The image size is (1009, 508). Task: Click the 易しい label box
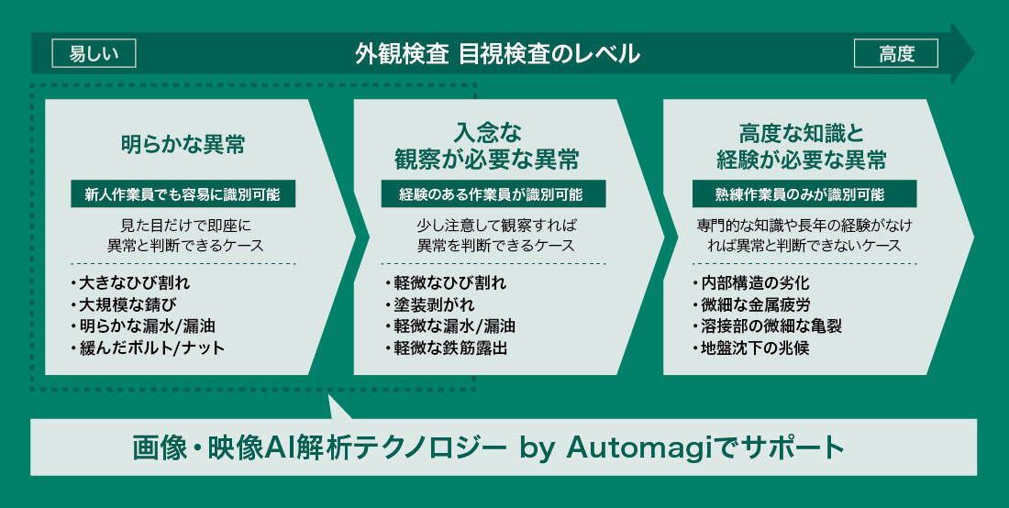[94, 53]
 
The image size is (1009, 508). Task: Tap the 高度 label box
[896, 53]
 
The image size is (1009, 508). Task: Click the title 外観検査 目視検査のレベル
[497, 53]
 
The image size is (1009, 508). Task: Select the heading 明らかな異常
[183, 145]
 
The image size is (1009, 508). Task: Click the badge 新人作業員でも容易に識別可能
[183, 194]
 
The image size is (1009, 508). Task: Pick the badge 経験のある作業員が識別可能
[493, 194]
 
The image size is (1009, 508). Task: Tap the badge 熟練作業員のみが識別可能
[804, 194]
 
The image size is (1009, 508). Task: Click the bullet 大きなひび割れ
[130, 283]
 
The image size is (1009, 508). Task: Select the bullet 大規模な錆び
[124, 304]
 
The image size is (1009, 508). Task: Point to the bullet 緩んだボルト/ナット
[148, 348]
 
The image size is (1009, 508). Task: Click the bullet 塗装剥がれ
[429, 304]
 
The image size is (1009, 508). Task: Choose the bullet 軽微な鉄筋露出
[446, 348]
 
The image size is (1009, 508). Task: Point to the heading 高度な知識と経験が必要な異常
[801, 148]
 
